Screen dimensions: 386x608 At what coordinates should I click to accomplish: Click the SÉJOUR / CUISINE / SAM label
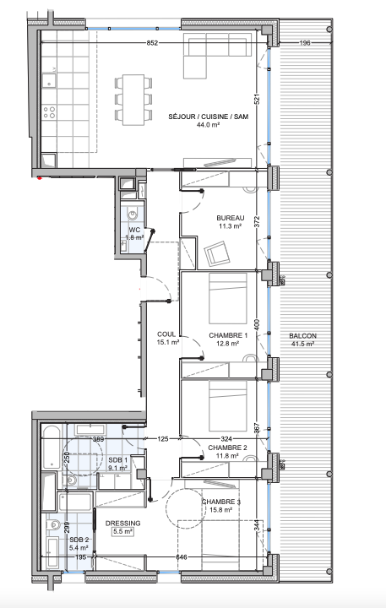[209, 117]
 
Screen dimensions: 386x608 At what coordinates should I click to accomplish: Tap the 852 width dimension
[153, 43]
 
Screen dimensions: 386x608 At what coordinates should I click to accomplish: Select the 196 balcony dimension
[305, 43]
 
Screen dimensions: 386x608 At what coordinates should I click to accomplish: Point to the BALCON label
[302, 336]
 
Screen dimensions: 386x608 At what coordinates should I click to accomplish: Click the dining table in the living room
[133, 100]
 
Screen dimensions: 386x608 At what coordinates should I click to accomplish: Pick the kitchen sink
[49, 80]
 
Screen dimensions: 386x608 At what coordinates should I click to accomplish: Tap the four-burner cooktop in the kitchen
[49, 112]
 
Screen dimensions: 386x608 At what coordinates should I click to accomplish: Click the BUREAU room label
[231, 218]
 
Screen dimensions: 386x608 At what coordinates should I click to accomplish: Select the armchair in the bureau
[217, 253]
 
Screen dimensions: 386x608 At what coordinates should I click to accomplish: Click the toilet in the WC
[133, 214]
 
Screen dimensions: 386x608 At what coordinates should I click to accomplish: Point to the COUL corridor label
[166, 334]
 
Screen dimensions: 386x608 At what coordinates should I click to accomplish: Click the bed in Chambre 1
[228, 298]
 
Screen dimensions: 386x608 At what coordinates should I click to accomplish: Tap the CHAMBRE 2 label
[227, 448]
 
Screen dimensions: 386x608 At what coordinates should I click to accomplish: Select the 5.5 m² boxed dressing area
[123, 532]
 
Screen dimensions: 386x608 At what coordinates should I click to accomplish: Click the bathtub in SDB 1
[52, 447]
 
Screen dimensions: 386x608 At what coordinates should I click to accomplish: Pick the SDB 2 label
[79, 540]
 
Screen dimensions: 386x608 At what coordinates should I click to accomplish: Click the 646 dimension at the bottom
[181, 557]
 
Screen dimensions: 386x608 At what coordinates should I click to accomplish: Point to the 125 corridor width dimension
[163, 439]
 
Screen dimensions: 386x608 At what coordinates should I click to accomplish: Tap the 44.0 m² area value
[209, 125]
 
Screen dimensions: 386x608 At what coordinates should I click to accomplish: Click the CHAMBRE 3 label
[221, 502]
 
